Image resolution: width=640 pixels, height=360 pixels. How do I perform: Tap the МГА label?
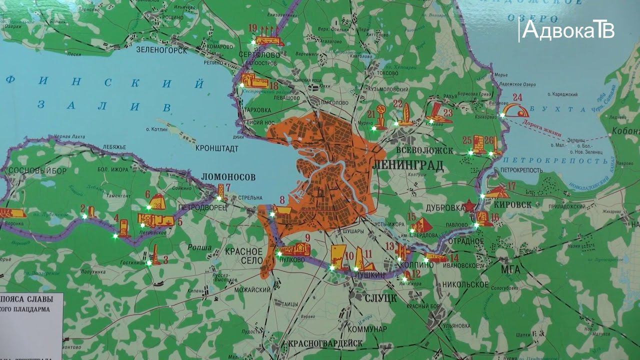click(511, 270)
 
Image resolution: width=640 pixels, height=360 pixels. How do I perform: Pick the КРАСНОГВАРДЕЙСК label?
click(324, 344)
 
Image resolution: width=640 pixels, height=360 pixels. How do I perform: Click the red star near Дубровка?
click(469, 205)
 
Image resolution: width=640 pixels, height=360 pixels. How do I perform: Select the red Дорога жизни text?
click(539, 127)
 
